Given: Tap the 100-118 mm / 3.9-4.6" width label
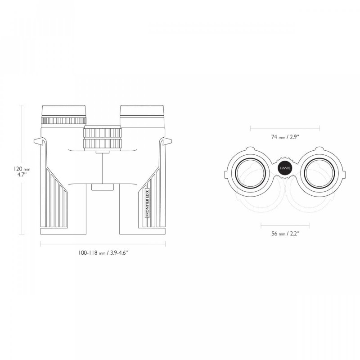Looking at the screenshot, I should click(103, 253).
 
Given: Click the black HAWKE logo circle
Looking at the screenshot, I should click(284, 167).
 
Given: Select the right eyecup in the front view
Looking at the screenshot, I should click(142, 112).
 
